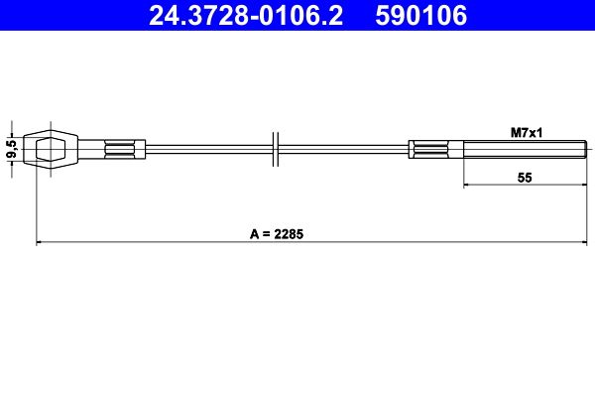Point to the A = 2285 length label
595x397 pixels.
[276, 234]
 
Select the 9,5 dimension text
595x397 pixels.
[11, 150]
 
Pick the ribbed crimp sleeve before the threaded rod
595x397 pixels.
[428, 150]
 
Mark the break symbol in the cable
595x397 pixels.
[276, 150]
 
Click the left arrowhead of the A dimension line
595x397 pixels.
[39, 242]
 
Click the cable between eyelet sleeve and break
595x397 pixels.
[208, 150]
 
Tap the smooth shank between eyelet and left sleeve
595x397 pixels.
[89, 150]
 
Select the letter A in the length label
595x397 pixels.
[254, 234]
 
